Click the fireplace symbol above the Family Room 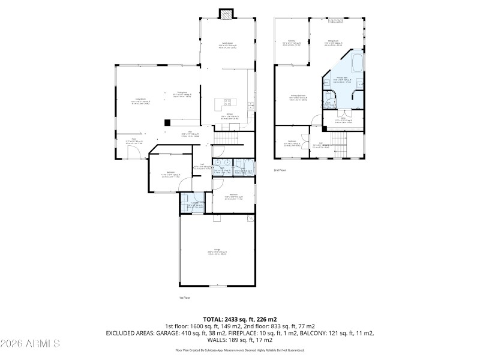click(226, 14)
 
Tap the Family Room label click(227, 44)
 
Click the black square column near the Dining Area click(167, 123)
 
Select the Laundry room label click(194, 204)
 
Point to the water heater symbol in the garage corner click(250, 219)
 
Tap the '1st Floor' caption click(184, 298)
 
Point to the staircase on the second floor click(341, 143)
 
